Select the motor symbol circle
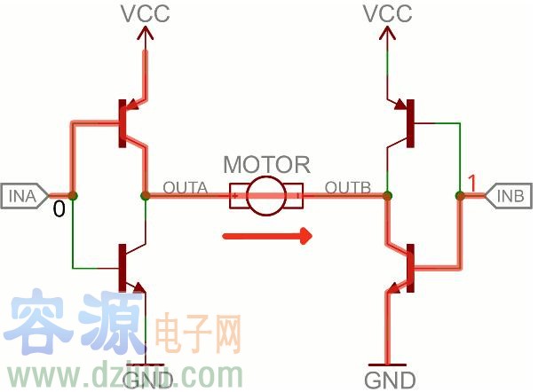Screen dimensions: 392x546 [266, 195]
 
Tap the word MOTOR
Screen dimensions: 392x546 [266, 165]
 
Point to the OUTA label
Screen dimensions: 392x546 [185, 188]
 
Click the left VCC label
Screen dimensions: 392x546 [145, 14]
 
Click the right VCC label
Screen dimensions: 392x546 [387, 14]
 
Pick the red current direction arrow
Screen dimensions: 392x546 [266, 236]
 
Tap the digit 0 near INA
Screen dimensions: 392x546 [59, 210]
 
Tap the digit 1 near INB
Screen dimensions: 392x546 [471, 184]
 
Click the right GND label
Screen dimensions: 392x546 [388, 380]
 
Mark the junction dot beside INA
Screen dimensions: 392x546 [72, 195]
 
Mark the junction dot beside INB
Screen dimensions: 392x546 [461, 195]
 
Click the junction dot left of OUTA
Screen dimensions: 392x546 [144, 195]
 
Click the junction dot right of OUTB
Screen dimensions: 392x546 [387, 195]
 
